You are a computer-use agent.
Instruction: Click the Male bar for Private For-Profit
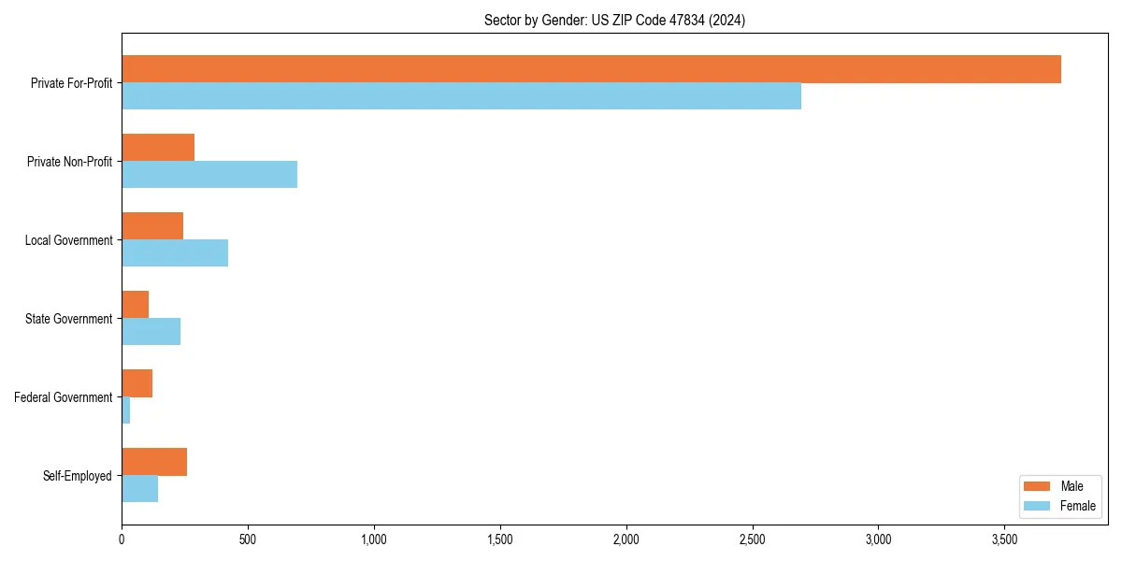(591, 69)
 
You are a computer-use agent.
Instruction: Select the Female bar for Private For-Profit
(461, 96)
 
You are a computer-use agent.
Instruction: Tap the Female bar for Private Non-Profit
(209, 175)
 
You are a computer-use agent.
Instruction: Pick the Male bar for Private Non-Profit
(158, 148)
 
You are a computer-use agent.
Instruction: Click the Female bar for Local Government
(175, 253)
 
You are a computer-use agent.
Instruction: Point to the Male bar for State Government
(136, 305)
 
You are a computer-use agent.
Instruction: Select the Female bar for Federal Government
(126, 410)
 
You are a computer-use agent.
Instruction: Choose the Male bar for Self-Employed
(154, 462)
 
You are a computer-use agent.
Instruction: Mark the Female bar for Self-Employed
(140, 489)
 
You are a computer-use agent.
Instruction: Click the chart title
(614, 20)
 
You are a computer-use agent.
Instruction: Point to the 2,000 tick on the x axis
(626, 539)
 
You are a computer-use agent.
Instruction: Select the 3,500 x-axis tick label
(1004, 539)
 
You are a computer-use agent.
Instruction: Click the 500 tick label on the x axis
(248, 539)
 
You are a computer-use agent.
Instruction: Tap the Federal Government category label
(64, 397)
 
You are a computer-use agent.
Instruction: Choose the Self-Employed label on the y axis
(78, 476)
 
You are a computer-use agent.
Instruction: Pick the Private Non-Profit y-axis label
(69, 162)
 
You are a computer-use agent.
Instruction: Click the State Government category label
(69, 319)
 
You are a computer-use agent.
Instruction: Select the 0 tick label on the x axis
(122, 539)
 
